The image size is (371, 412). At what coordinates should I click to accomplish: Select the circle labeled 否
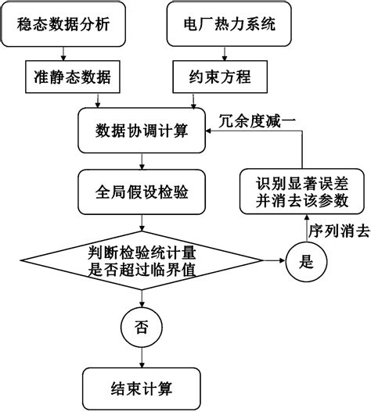tap(141, 324)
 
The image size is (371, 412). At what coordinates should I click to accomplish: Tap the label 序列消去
tap(337, 231)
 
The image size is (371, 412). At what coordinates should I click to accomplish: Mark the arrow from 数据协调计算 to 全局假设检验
tap(141, 160)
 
